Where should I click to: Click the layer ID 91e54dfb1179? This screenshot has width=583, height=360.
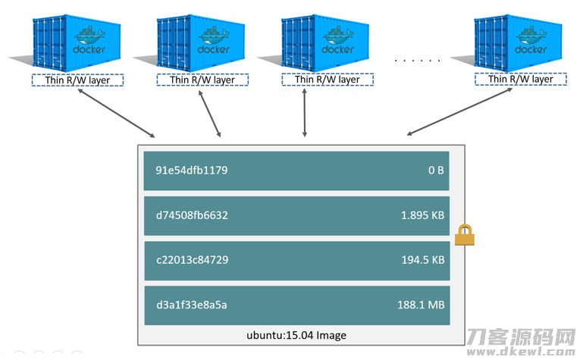pos(192,171)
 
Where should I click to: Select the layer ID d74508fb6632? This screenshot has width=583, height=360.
pos(192,215)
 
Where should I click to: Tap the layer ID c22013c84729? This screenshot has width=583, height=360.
pos(192,260)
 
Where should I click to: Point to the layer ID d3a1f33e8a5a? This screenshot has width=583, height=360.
pos(191,305)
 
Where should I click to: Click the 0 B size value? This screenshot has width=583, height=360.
pos(435,171)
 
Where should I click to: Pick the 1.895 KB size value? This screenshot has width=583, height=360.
pos(422,215)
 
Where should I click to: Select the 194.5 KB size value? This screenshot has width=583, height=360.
pos(422,260)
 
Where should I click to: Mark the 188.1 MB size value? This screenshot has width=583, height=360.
pos(422,305)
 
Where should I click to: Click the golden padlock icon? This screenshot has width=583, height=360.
pos(464,236)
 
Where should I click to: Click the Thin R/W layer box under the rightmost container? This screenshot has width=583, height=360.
pos(520,79)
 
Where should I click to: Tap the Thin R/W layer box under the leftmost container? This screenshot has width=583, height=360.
pos(77,79)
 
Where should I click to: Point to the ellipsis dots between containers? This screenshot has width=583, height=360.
pos(418,59)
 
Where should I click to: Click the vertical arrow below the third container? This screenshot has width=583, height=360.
pos(305,112)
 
